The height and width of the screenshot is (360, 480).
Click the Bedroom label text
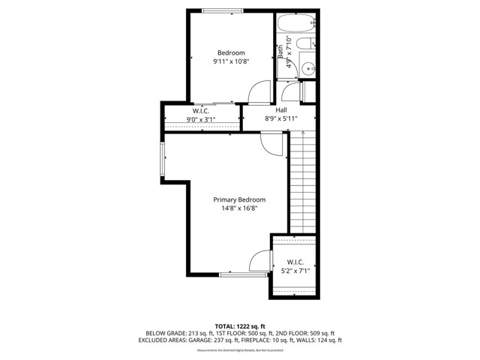pos(231,52)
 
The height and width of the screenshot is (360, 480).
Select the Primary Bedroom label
pos(239,199)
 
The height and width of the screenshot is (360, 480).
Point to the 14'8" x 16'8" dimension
pos(239,209)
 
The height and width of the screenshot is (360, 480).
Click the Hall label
pos(281,110)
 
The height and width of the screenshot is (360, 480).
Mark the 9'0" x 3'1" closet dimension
pos(200,119)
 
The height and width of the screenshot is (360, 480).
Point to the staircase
pos(302,180)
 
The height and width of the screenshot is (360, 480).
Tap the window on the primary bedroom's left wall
pos(161,160)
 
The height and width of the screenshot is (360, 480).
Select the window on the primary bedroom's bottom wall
pos(242,275)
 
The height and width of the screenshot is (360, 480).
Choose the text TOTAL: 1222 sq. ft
pos(240,326)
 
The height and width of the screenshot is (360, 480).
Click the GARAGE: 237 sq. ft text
pos(217,340)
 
